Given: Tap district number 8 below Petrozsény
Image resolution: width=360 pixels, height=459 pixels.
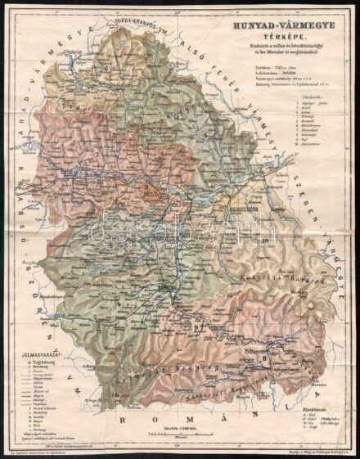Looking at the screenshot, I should click(264, 358).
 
